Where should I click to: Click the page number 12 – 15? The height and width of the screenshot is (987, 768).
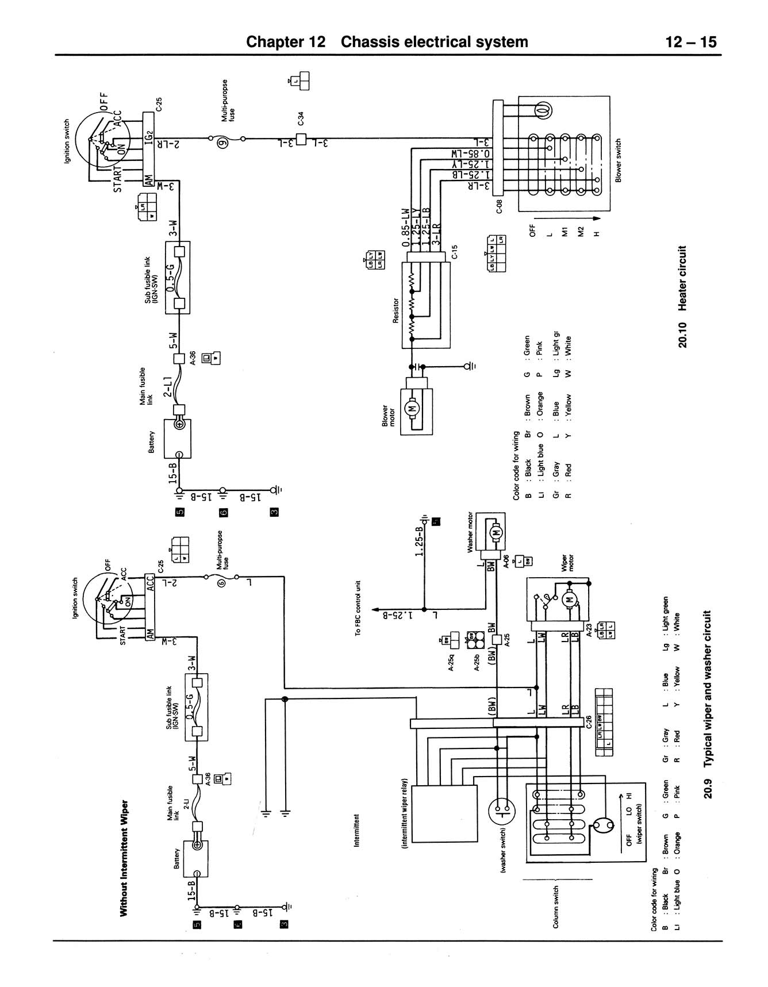coord(691,42)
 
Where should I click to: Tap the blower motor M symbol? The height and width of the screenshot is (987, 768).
coord(412,408)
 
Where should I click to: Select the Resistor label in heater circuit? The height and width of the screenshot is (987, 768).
coord(396,310)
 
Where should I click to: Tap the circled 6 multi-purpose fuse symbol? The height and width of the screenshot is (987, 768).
coord(221,583)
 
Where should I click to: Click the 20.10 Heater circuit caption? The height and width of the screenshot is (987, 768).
coord(682,297)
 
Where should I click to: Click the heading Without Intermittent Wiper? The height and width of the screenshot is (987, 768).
coord(123,857)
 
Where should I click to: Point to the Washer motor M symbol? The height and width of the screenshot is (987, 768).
coord(496,533)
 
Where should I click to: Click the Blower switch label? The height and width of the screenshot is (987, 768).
coord(619,160)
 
